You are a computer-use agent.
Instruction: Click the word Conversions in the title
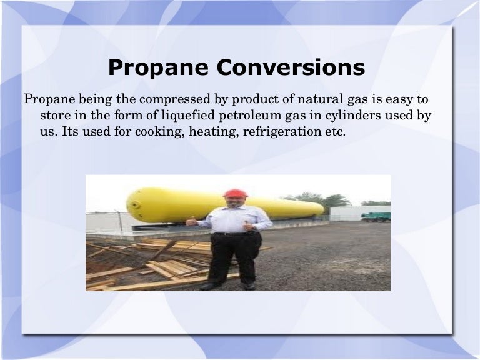[297, 67]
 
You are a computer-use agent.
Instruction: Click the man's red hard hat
[235, 193]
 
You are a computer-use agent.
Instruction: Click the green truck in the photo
[376, 217]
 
